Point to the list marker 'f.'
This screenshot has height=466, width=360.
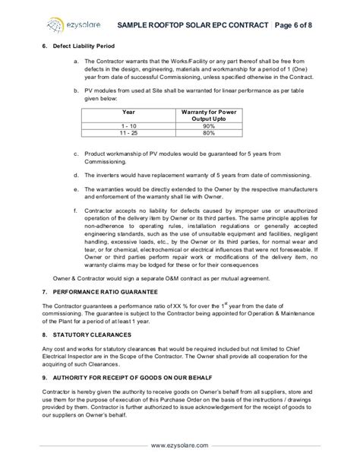(x=76, y=208)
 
